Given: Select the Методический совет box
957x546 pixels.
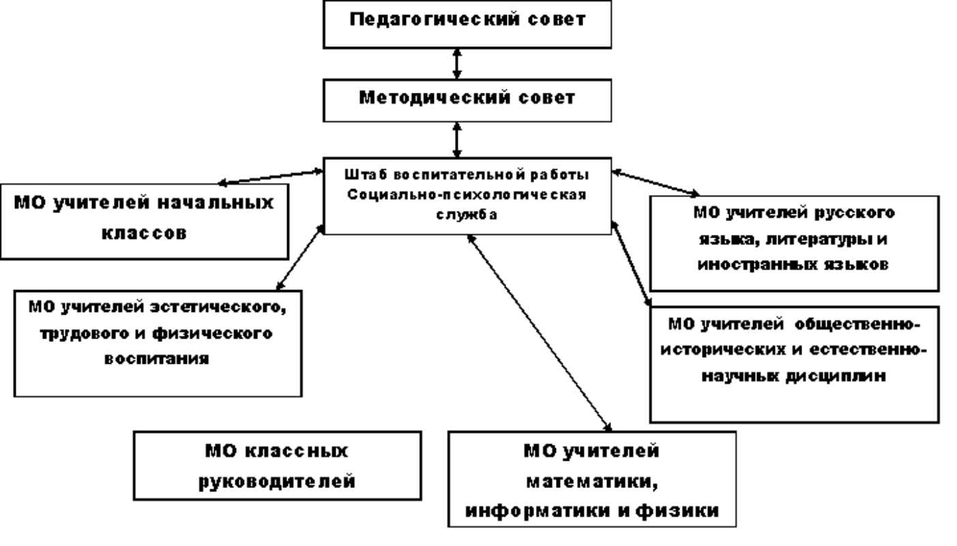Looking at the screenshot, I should (x=467, y=98).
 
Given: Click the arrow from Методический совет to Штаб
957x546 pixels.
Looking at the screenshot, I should (x=458, y=139).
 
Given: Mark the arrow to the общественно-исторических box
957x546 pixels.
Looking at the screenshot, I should (x=631, y=263).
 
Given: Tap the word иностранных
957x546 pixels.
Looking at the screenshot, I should (x=753, y=265).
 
